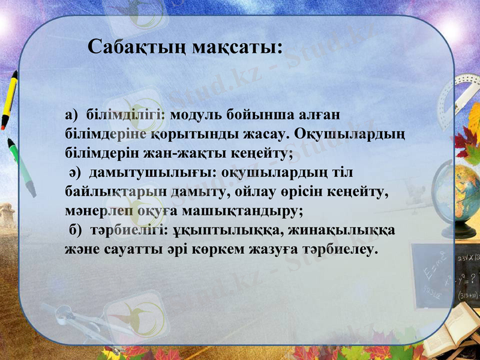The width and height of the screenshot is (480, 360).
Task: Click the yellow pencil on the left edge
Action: click(8, 100)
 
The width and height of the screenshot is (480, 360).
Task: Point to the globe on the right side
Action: click(467, 192)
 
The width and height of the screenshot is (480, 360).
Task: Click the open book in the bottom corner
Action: click(450, 336)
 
